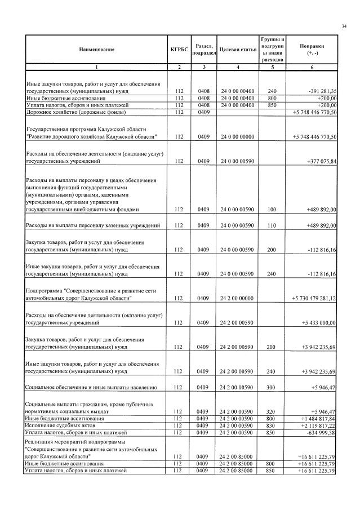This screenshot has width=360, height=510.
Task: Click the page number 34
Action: tap(344, 26)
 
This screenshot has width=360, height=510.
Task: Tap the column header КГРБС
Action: tap(179, 50)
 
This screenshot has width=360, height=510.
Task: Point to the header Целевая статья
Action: tap(237, 50)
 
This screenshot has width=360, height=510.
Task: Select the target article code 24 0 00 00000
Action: tap(237, 137)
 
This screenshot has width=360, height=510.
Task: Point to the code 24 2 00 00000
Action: tap(237, 298)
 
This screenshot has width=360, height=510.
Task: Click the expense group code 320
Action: tap(272, 412)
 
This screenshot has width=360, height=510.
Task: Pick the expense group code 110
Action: tap(272, 225)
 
